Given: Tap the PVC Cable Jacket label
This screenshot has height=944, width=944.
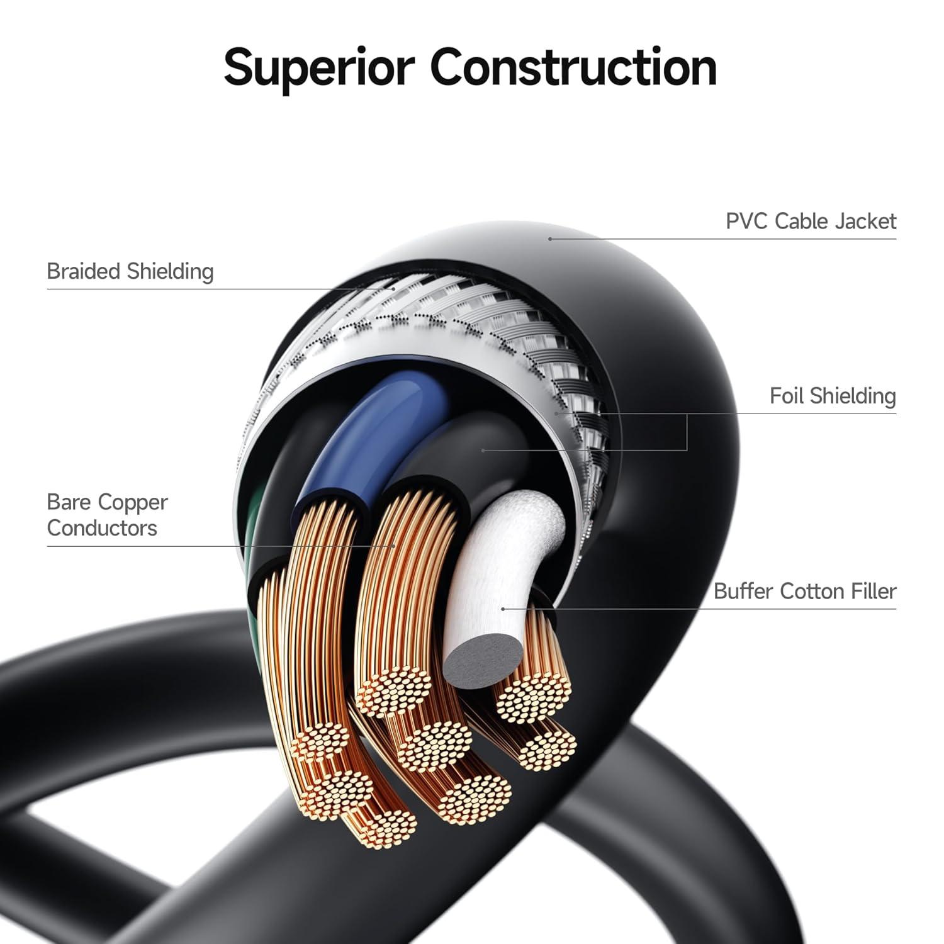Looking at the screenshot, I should click(x=811, y=222).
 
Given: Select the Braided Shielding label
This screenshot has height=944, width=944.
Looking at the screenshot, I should click(x=130, y=272).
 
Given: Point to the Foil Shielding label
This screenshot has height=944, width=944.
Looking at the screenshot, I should click(x=833, y=396).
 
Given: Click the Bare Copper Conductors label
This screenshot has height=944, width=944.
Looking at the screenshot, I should click(x=107, y=515).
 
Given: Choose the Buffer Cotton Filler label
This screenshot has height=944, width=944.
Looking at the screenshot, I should click(x=805, y=592).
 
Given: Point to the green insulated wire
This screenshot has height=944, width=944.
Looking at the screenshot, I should click(x=255, y=535).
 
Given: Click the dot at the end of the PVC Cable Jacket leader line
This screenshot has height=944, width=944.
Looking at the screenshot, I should click(x=550, y=239).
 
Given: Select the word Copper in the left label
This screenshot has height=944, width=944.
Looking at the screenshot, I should click(x=133, y=502).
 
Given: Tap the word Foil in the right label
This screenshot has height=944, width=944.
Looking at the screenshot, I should click(x=787, y=396).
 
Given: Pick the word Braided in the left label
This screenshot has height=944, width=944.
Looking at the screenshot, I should click(x=84, y=272).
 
